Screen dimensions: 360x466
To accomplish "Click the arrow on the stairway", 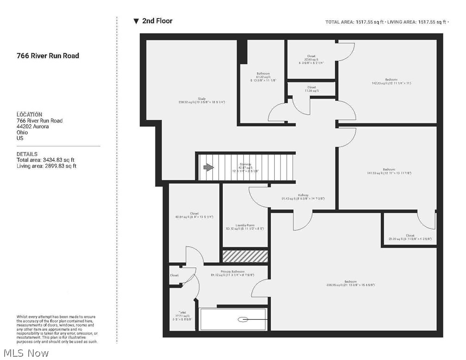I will [208, 168].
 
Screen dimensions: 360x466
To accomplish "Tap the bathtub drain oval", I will [243, 319].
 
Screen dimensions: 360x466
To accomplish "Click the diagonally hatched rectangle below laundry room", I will [245, 256].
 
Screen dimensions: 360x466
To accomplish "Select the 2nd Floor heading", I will [157, 21].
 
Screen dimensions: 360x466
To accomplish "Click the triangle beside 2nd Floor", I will [136, 21].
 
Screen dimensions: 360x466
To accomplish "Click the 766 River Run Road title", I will [48, 56].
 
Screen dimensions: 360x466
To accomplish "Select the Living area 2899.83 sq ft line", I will [46, 166].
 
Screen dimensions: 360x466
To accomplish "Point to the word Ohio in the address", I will [22, 132].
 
